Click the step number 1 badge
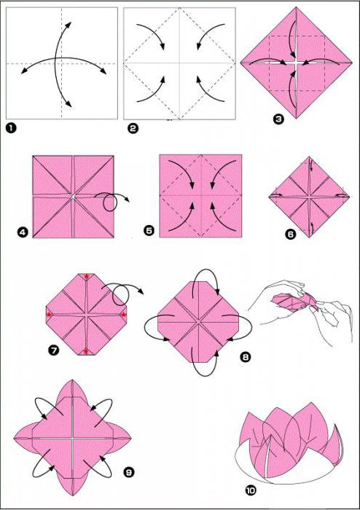click(11, 128)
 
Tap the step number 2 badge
click(133, 129)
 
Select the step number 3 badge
click(278, 119)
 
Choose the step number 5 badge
click(149, 231)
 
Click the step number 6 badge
click(291, 234)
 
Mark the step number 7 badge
click(53, 350)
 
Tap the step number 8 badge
click(245, 357)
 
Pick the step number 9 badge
click(129, 471)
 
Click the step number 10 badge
click(251, 490)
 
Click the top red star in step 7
click(86, 276)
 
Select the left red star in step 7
click(49, 315)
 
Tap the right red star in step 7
click(123, 315)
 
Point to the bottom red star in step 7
click(86, 351)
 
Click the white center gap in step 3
click(296, 63)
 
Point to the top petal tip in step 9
click(72, 380)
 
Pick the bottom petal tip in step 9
click(72, 495)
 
